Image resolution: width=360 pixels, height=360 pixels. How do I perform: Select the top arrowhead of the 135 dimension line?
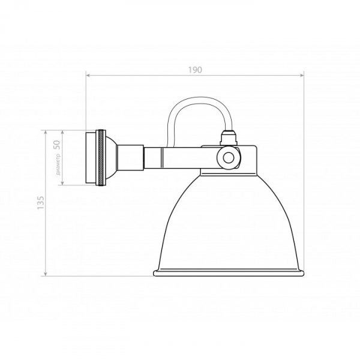coord(47,132)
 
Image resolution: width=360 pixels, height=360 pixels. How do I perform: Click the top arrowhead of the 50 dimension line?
coord(64,132)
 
